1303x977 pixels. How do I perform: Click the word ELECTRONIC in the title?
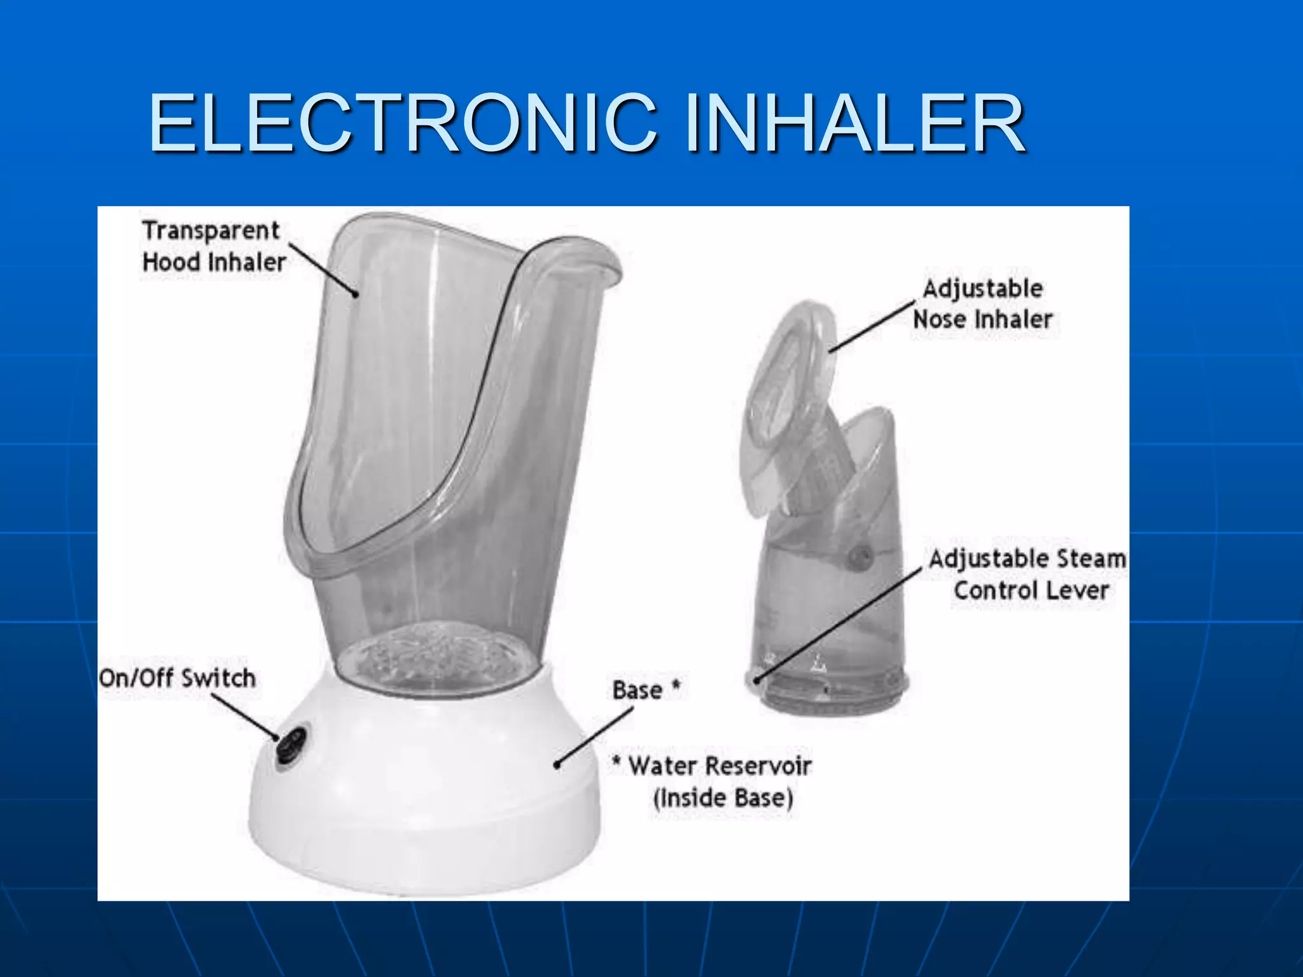tap(402, 123)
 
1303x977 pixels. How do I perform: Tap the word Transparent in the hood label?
tap(211, 230)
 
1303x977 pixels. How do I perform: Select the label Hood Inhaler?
tap(214, 262)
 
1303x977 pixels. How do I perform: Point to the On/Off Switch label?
tap(178, 678)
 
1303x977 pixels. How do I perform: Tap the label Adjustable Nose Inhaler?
tap(983, 304)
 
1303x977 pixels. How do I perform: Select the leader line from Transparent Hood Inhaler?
tap(323, 270)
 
